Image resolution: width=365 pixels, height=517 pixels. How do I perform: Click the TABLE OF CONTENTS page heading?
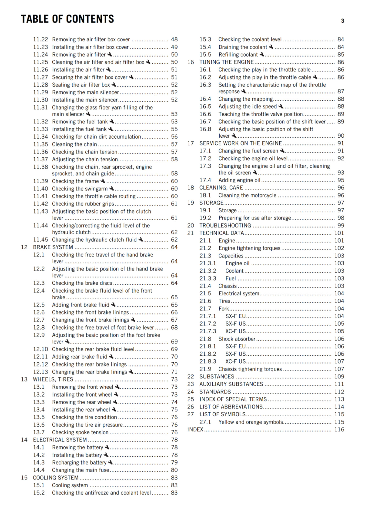[x=67, y=19]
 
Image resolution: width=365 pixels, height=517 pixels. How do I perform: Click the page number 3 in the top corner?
[x=342, y=21]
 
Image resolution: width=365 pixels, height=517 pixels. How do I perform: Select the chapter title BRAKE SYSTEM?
[x=53, y=247]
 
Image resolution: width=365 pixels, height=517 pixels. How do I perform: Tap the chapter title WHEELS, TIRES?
[x=53, y=379]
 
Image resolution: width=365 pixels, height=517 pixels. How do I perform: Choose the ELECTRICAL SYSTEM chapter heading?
[x=60, y=440]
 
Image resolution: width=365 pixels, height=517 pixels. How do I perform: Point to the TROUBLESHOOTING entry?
[x=225, y=226]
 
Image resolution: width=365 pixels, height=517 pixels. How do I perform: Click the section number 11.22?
[x=40, y=39]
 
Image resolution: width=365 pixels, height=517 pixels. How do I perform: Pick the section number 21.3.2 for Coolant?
[x=208, y=271]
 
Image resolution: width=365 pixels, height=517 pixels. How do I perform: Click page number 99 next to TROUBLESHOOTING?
[x=341, y=226]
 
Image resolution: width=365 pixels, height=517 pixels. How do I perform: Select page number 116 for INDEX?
[x=339, y=429]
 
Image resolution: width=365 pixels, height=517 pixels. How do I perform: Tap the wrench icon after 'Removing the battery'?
[x=107, y=447]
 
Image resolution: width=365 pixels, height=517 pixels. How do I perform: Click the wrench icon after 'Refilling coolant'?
[x=262, y=54]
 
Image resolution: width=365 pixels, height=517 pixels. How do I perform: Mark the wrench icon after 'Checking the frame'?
[x=103, y=181]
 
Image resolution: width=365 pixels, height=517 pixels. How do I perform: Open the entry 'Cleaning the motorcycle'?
[x=247, y=195]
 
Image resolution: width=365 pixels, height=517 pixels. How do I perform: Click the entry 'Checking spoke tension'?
[x=80, y=432]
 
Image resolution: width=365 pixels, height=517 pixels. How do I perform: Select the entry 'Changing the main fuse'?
[x=80, y=470]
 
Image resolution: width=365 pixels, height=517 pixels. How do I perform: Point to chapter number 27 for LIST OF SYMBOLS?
[x=191, y=414]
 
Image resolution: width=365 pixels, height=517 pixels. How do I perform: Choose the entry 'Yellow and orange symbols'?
[x=251, y=422]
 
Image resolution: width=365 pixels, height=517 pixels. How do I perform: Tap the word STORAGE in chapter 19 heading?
[x=211, y=203]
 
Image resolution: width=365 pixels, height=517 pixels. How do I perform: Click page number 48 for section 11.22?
[x=174, y=39]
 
